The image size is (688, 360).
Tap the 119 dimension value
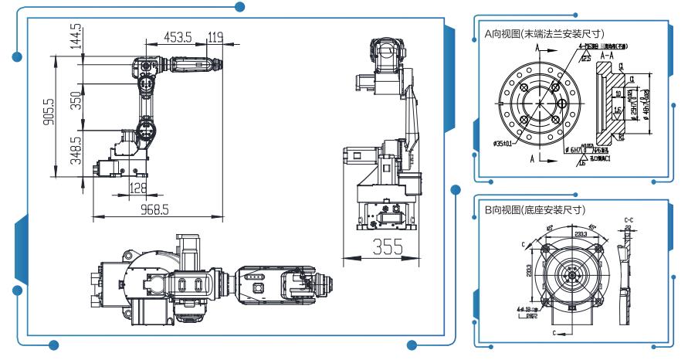point(215,36)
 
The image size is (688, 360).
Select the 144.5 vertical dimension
point(76,36)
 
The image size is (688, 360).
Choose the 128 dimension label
point(138,188)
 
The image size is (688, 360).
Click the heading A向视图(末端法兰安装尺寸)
point(543,33)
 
